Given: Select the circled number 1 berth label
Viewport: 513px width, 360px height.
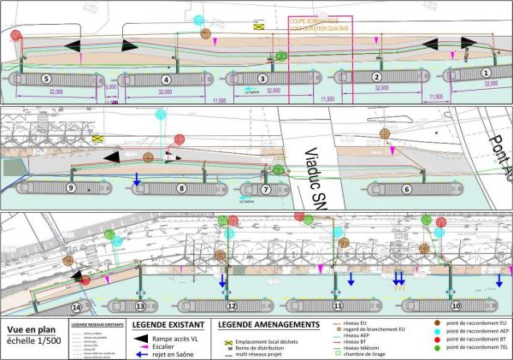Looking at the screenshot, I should click(x=486, y=75).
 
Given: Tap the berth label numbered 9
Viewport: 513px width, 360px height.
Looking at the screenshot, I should click(x=72, y=187).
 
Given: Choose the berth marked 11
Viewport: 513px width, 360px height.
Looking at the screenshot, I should click(x=339, y=305).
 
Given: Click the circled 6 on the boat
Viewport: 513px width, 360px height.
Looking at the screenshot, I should click(x=408, y=189).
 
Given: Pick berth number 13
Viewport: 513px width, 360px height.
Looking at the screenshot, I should click(x=140, y=305).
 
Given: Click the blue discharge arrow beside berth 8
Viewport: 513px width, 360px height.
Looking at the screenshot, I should click(x=136, y=179).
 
